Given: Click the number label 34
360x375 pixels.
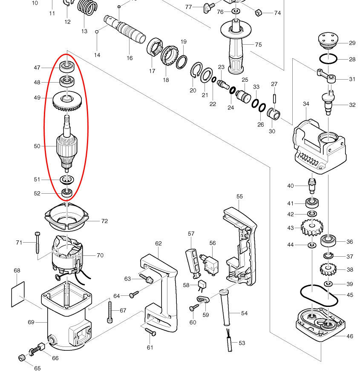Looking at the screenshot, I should point(306,104).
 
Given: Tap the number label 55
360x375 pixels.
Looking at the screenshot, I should point(239,196).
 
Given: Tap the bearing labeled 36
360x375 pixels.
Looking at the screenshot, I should point(328,241).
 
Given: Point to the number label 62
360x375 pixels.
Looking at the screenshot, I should point(158,243).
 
